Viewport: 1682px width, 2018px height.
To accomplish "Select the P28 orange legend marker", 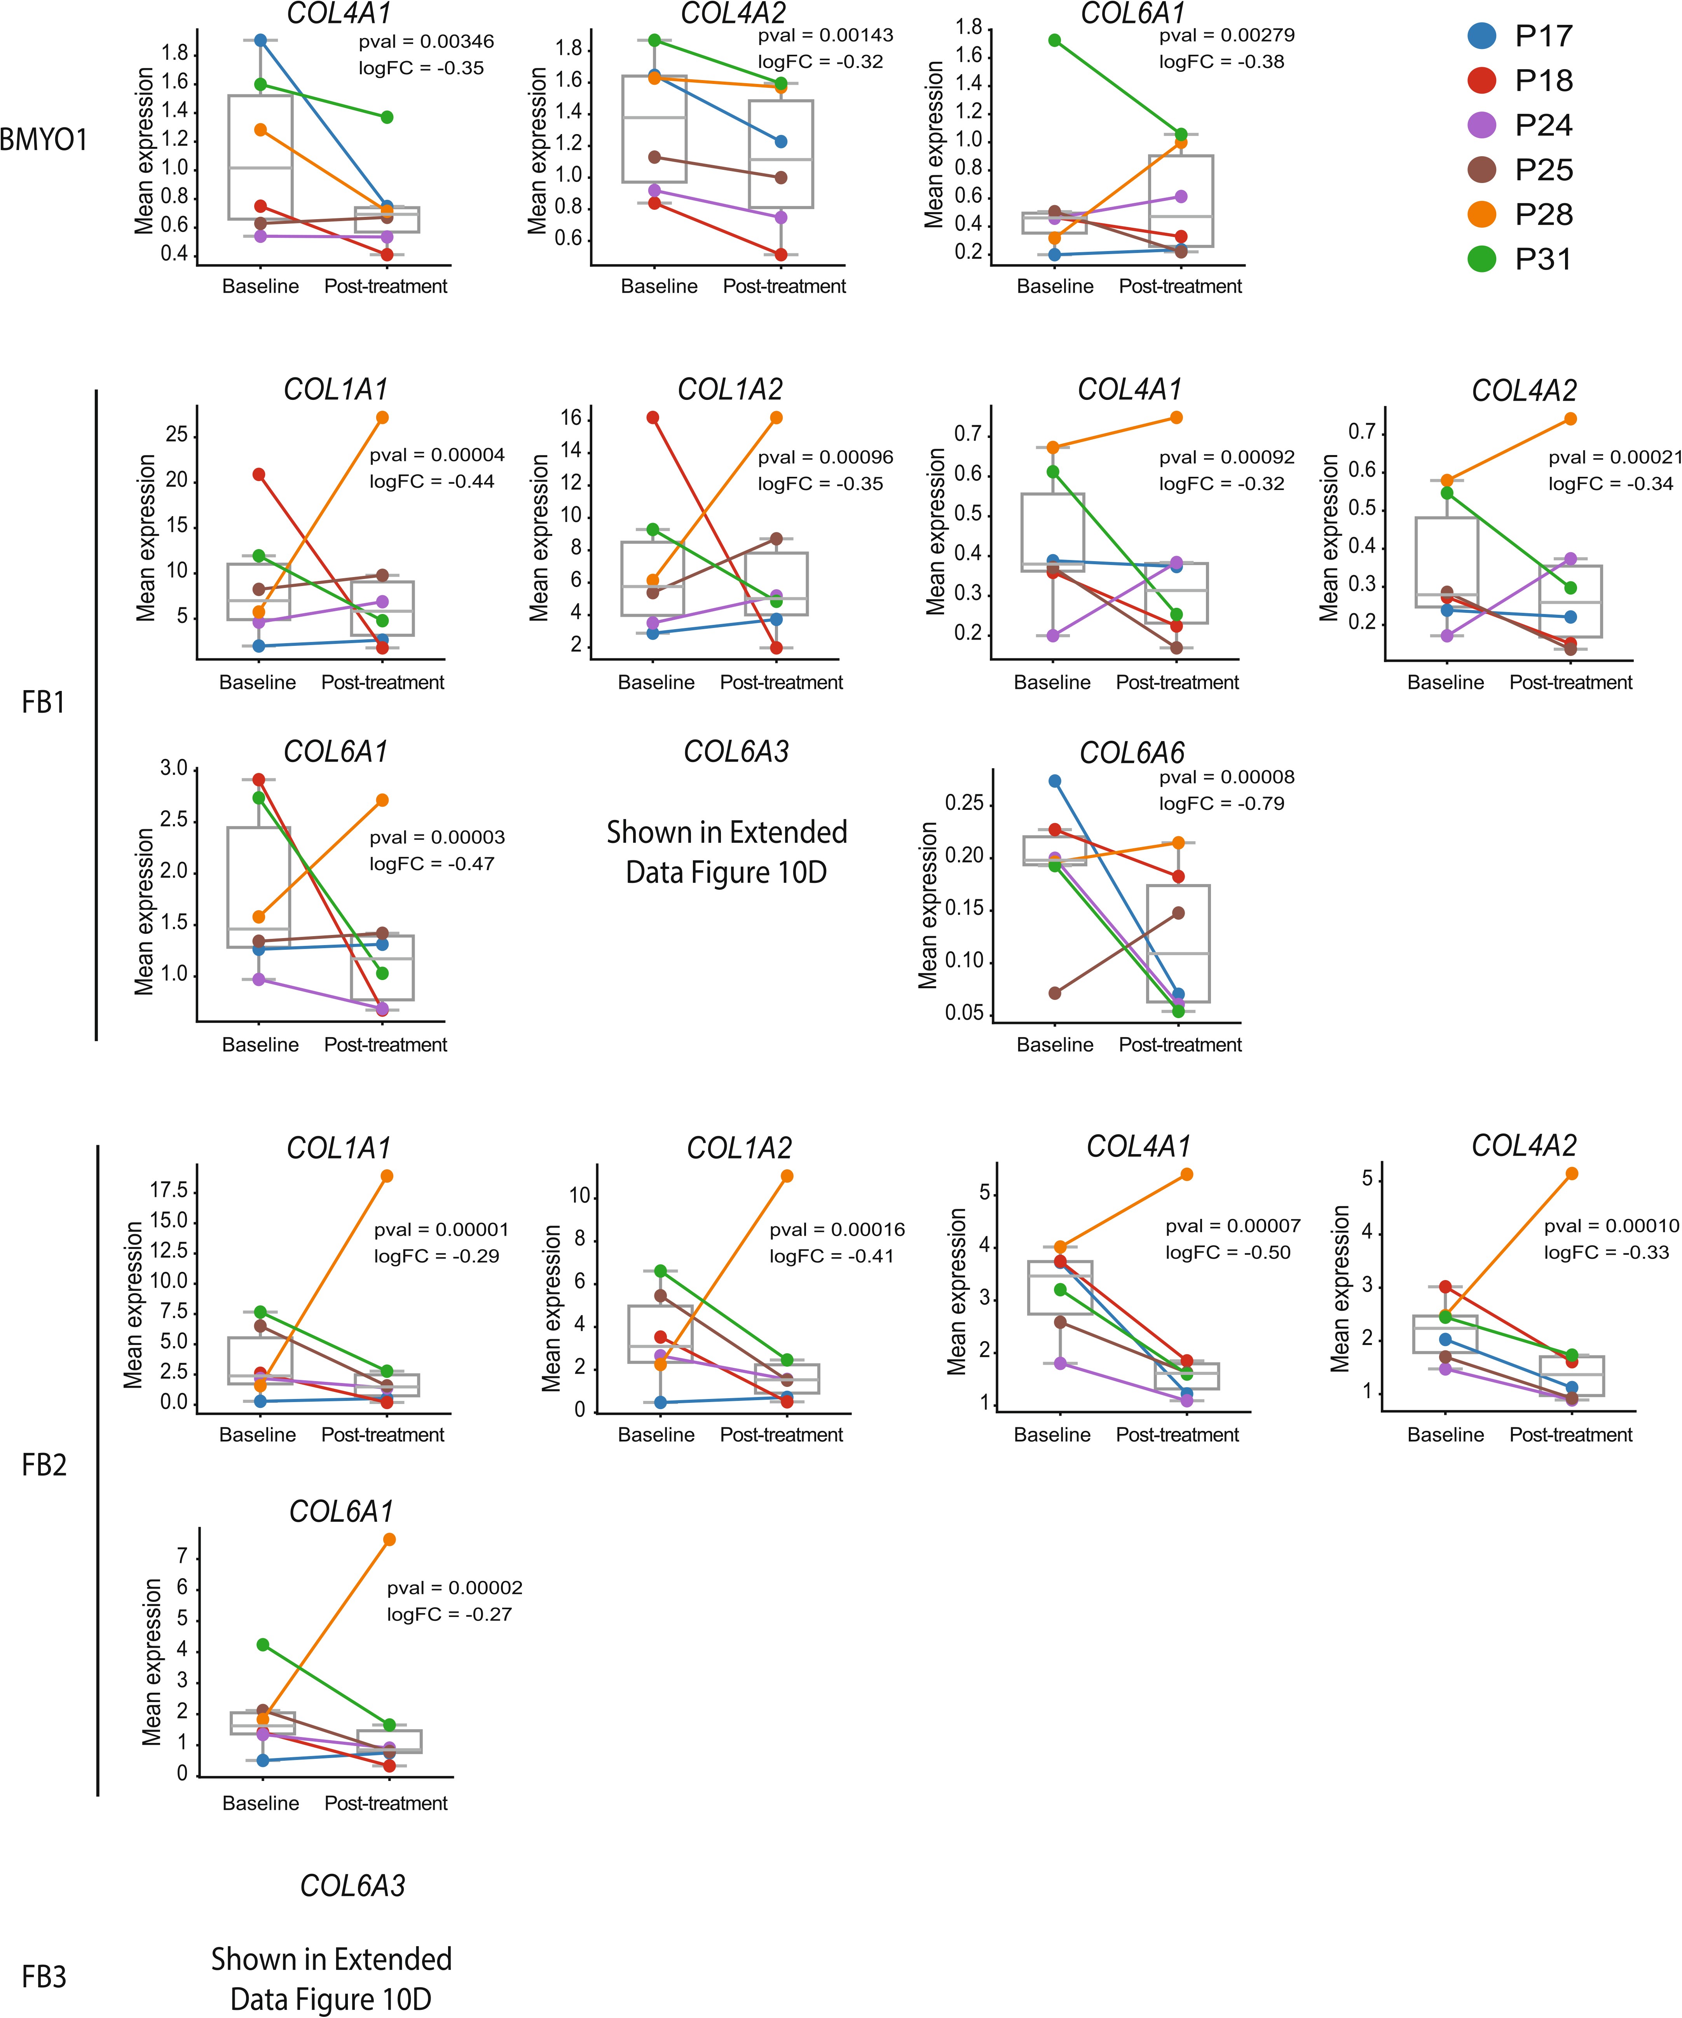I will point(1482,214).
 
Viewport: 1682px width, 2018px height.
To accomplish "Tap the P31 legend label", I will point(1544,260).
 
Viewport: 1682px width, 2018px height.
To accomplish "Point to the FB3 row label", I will point(44,1977).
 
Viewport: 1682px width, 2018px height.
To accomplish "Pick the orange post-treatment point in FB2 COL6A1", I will point(389,1540).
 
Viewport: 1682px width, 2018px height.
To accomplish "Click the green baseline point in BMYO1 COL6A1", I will point(1054,40).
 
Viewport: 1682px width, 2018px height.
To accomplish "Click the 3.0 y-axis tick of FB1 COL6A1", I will point(174,769).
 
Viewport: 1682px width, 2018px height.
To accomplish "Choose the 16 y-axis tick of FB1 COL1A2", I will point(571,418).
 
